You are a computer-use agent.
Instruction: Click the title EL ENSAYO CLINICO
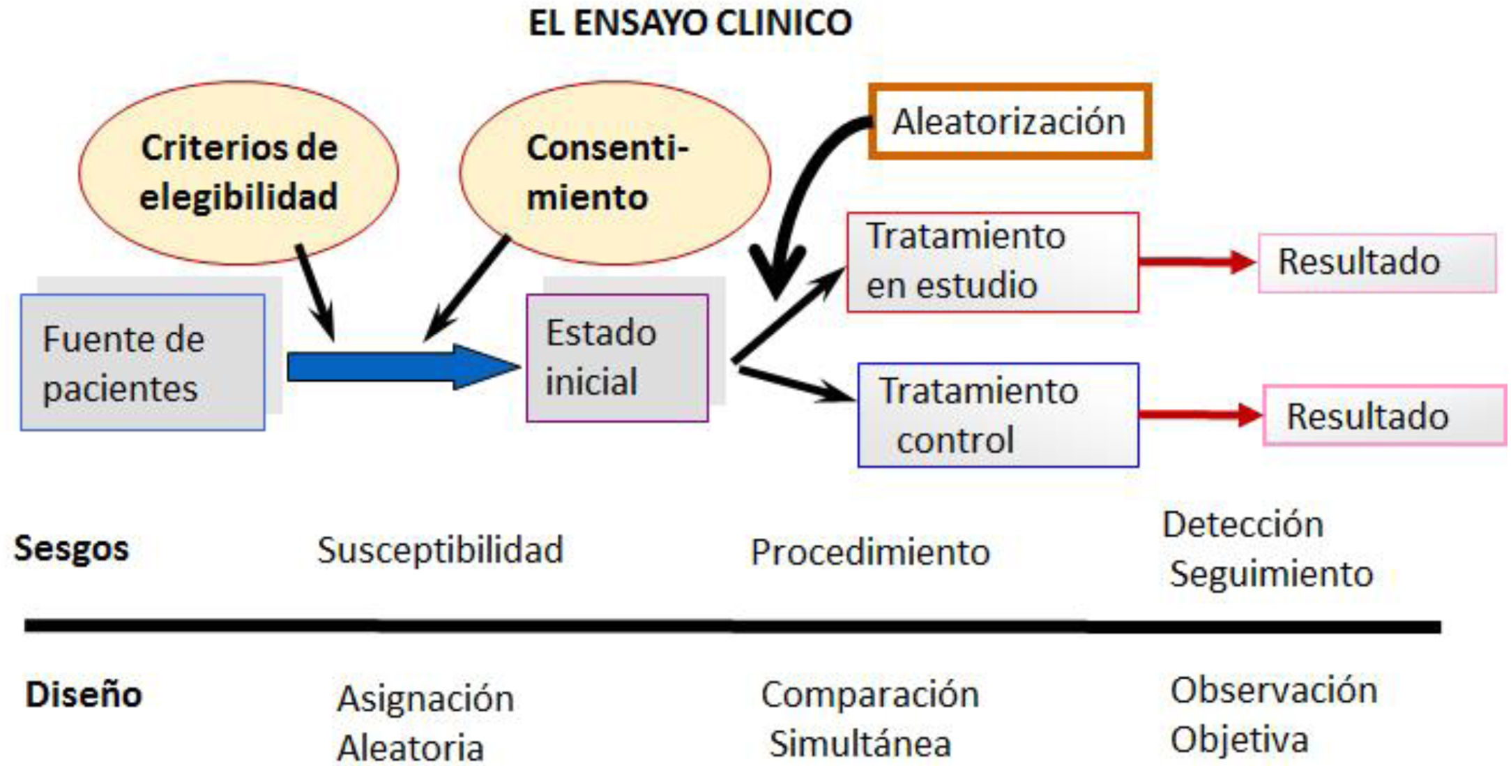[690, 23]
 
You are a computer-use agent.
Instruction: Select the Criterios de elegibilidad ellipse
[238, 172]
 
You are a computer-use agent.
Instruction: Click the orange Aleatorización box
[1009, 121]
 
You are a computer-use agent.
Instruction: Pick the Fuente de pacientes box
[142, 362]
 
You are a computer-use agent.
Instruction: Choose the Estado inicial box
[617, 357]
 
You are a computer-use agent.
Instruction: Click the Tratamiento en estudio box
[992, 262]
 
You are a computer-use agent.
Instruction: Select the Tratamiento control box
[998, 415]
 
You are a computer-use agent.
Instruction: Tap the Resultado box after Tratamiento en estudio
[1376, 262]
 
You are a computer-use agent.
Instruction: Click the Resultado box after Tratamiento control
[1384, 416]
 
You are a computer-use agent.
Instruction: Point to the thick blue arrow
[401, 366]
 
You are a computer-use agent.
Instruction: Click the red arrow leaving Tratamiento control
[1199, 415]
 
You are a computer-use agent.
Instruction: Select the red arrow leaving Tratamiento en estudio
[1196, 262]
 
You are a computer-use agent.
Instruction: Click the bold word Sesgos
[71, 548]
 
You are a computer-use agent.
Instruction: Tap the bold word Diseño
[84, 695]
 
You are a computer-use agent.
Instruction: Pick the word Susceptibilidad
[440, 550]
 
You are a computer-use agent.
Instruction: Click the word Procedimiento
[870, 553]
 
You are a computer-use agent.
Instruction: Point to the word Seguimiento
[1271, 574]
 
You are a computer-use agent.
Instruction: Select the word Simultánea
[860, 743]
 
